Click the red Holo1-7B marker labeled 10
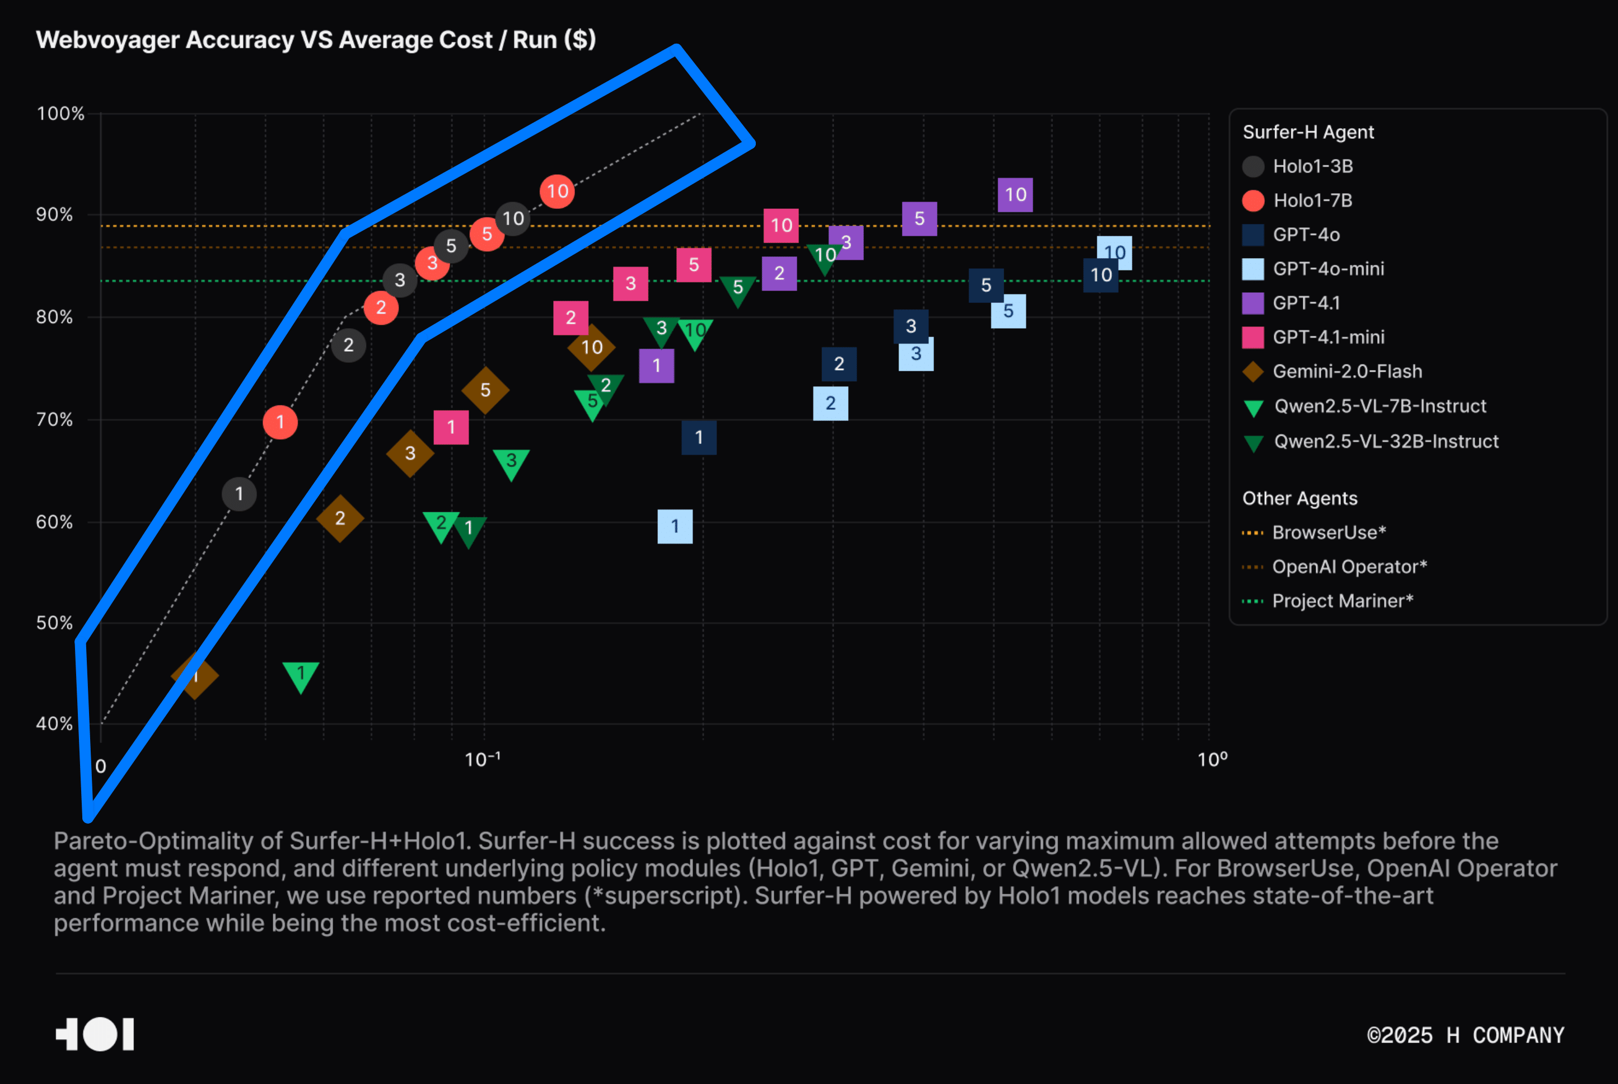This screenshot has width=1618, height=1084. (x=557, y=191)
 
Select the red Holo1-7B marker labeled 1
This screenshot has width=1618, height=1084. (x=280, y=422)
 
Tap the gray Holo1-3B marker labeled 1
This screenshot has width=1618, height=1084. (x=239, y=494)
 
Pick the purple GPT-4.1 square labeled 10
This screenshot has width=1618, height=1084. (x=1014, y=194)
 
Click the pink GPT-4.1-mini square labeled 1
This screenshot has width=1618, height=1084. (x=451, y=427)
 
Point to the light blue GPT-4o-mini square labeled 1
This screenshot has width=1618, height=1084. (x=675, y=526)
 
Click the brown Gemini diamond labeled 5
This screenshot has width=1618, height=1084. (x=485, y=390)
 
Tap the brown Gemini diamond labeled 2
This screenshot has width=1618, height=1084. (x=340, y=518)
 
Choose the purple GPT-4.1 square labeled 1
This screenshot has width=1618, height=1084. (x=656, y=365)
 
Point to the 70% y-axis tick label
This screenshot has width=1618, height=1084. (x=55, y=419)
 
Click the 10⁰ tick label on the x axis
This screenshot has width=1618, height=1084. (x=1212, y=760)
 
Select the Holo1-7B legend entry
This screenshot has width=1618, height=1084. (x=1312, y=200)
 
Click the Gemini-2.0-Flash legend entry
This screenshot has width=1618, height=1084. (x=1346, y=371)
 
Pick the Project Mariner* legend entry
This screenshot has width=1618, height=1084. (x=1341, y=601)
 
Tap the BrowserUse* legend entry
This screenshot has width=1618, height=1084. (x=1329, y=532)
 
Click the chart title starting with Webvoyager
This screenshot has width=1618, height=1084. (x=316, y=40)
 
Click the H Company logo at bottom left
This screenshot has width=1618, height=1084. (x=95, y=1034)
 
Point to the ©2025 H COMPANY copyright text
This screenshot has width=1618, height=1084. (x=1465, y=1035)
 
